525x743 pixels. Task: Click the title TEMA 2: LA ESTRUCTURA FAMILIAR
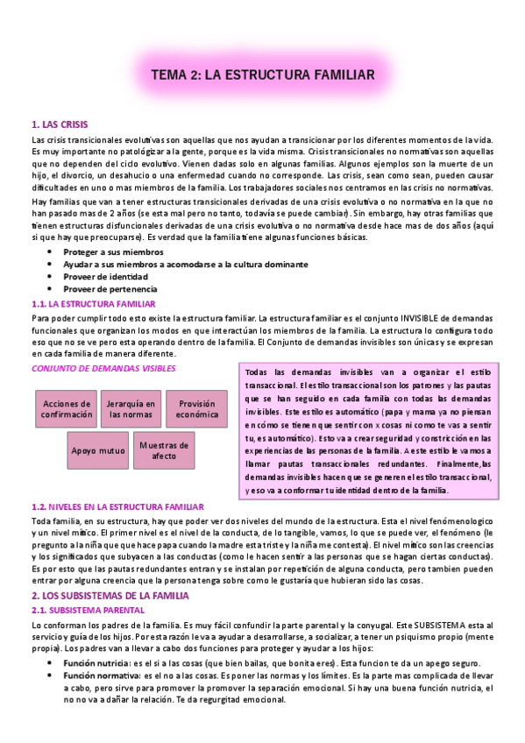tap(263, 75)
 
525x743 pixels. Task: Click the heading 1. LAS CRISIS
tap(59, 124)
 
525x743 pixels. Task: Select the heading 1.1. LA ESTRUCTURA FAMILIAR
tap(93, 303)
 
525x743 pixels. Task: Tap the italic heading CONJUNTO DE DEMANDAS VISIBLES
tap(103, 369)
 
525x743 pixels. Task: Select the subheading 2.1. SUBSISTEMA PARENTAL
tap(82, 609)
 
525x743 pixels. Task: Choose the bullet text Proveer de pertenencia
tap(110, 288)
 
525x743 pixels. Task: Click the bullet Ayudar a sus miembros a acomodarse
tap(184, 264)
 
